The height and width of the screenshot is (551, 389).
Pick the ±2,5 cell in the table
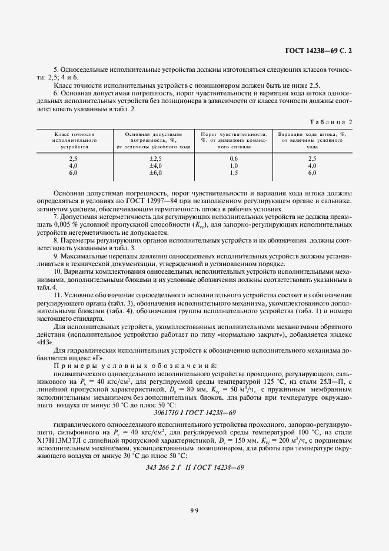[155, 159]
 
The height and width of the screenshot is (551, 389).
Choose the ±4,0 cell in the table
[155, 166]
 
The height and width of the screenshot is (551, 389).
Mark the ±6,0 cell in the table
[155, 173]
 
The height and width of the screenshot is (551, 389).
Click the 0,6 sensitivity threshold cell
[234, 159]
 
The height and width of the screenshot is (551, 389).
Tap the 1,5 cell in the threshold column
[234, 173]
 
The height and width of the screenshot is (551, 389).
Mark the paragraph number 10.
[57, 271]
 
